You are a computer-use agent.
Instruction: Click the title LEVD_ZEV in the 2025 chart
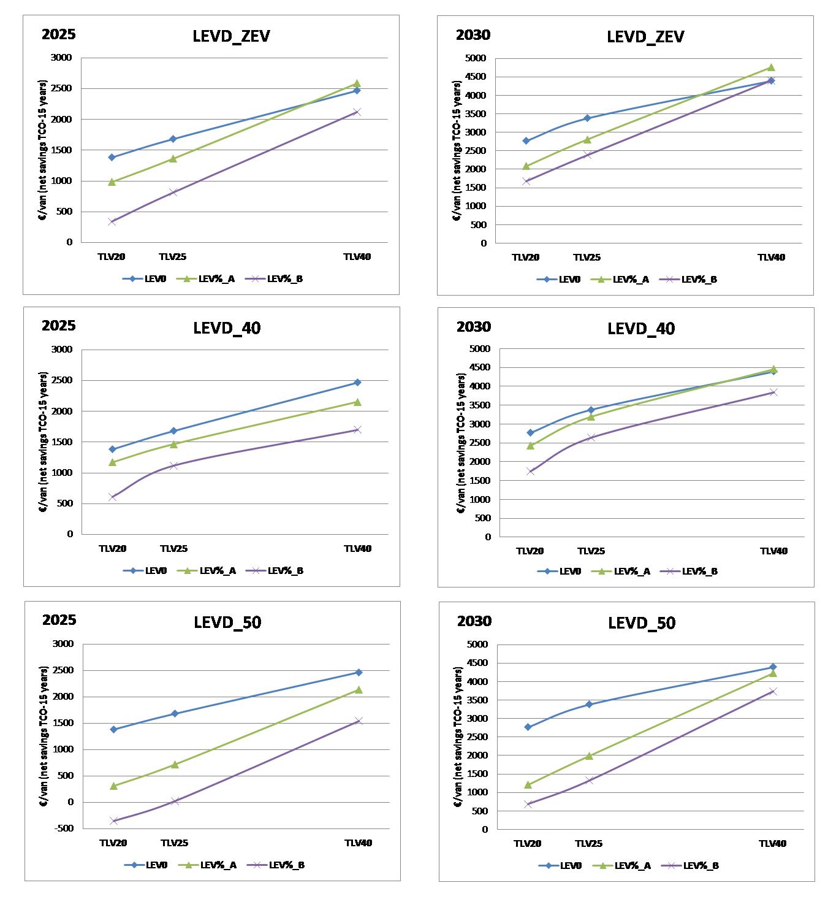pyautogui.click(x=231, y=36)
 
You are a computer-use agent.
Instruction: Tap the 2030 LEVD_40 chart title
pyautogui.click(x=641, y=329)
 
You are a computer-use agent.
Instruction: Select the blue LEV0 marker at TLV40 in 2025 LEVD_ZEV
pyautogui.click(x=357, y=91)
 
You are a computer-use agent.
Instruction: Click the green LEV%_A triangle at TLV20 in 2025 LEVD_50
pyautogui.click(x=113, y=786)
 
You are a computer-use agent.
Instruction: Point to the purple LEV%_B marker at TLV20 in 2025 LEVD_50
pyautogui.click(x=113, y=821)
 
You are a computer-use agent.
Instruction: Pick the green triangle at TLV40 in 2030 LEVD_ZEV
pyautogui.click(x=771, y=67)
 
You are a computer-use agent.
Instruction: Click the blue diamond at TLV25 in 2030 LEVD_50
pyautogui.click(x=589, y=705)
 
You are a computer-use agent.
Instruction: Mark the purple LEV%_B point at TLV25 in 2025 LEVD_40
pyautogui.click(x=173, y=465)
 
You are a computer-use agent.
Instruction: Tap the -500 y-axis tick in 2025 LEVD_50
pyautogui.click(x=64, y=828)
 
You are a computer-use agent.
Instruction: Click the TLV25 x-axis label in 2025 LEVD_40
pyautogui.click(x=173, y=549)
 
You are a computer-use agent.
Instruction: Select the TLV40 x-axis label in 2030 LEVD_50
pyautogui.click(x=772, y=844)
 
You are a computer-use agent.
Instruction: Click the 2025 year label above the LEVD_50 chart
pyautogui.click(x=59, y=620)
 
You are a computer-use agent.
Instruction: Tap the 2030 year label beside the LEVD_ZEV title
pyautogui.click(x=473, y=35)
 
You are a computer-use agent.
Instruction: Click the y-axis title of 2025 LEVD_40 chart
pyautogui.click(x=44, y=442)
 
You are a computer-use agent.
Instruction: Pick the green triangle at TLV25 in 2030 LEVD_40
pyautogui.click(x=591, y=417)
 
